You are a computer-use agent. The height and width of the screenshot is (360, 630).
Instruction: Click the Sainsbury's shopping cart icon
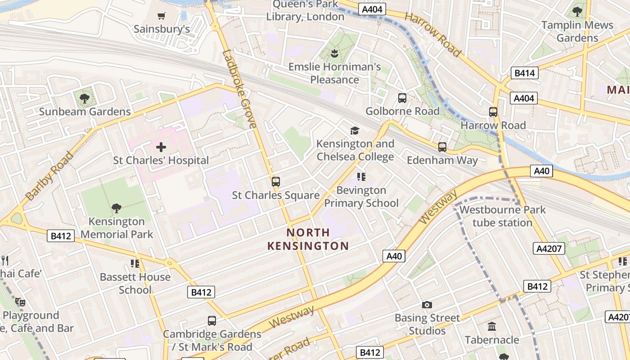coord(161,16)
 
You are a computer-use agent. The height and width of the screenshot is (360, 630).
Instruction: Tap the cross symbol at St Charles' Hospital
coord(161,147)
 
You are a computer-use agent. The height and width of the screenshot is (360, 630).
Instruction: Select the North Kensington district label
coord(308,239)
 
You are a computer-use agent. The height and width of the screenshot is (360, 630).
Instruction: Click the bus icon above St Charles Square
coord(276,182)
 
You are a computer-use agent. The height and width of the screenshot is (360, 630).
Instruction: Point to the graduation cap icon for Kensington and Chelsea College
coord(355,130)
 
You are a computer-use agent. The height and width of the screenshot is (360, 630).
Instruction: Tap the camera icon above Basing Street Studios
coord(427,305)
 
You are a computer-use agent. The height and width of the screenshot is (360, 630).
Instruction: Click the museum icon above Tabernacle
coord(492,326)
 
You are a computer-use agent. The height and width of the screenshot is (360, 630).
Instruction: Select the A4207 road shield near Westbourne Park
coord(549,248)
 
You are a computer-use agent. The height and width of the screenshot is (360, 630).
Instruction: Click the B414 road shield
coord(525,73)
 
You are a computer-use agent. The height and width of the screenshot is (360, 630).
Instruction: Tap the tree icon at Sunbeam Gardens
coord(84,98)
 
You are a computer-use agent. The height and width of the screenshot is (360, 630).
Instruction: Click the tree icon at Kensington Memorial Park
coord(117,208)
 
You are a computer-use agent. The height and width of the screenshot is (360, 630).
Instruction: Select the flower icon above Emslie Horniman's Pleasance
coord(334,54)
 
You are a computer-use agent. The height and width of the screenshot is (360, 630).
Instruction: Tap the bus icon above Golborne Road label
coord(402,98)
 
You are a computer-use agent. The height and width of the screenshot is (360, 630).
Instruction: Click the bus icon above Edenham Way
coord(442,147)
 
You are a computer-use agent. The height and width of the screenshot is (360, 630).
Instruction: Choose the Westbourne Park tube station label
coord(502,216)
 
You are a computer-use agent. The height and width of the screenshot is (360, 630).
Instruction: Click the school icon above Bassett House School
coord(135,263)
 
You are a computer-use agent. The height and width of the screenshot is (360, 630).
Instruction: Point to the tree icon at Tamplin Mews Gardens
coord(577,12)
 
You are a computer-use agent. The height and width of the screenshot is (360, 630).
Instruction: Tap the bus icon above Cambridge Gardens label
coord(212,321)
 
